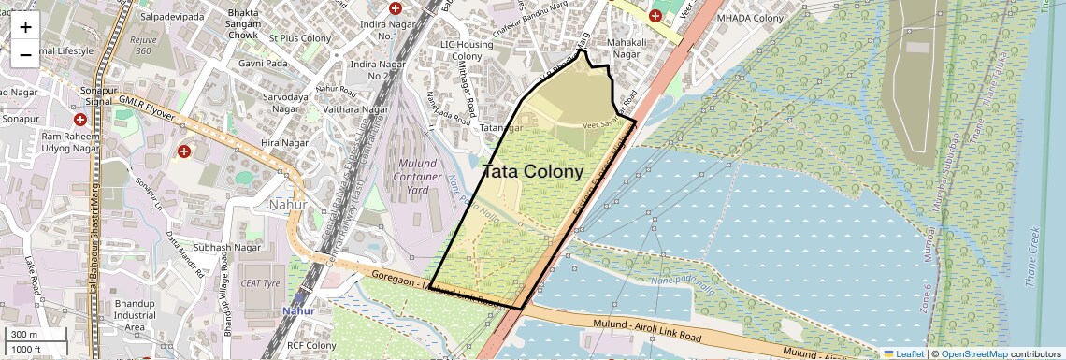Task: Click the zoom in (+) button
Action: click(x=25, y=27)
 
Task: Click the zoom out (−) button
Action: click(x=25, y=55)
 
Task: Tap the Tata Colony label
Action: click(x=533, y=172)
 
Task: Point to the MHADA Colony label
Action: click(x=749, y=18)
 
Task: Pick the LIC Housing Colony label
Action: click(x=473, y=50)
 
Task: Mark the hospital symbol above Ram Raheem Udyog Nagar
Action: click(x=80, y=120)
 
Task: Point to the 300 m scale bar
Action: click(x=24, y=334)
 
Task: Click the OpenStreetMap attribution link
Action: click(x=973, y=353)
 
